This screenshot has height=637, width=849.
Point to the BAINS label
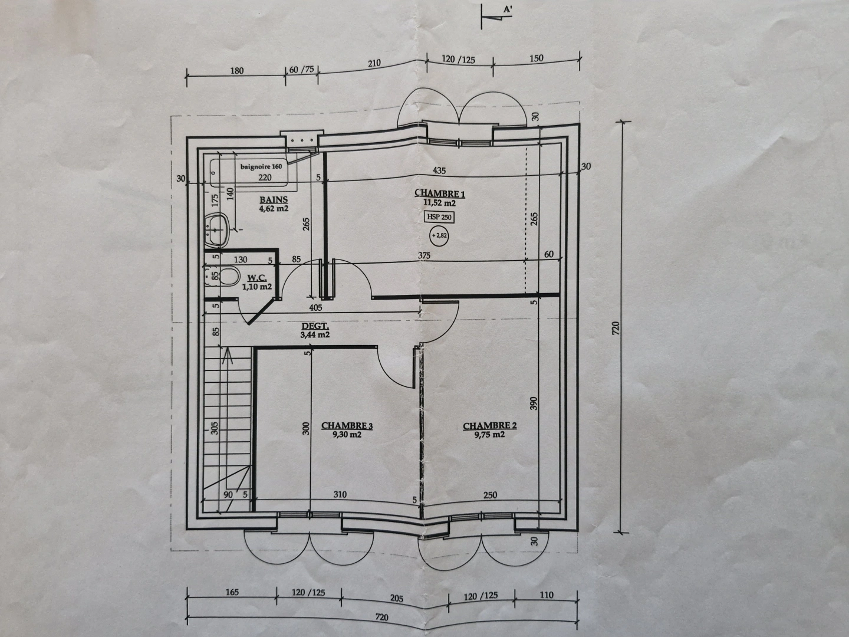(x=274, y=200)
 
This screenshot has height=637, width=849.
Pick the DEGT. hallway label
(x=315, y=326)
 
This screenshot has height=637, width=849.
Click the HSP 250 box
(x=439, y=217)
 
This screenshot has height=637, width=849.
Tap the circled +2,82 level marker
(x=439, y=236)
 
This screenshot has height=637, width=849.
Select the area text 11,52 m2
(x=439, y=202)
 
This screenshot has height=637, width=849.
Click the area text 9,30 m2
(x=347, y=435)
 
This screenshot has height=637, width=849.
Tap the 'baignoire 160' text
(x=261, y=166)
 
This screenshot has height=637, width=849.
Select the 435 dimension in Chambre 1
(x=439, y=170)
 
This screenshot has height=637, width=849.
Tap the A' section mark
(x=507, y=9)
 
